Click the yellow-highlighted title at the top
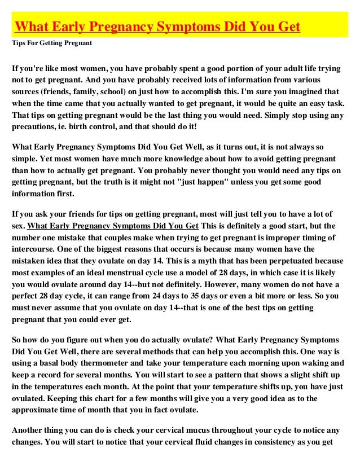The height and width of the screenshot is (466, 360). click(x=157, y=27)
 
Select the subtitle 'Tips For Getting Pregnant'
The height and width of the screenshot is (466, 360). click(x=52, y=43)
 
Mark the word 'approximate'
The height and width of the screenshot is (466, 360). click(x=38, y=410)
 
